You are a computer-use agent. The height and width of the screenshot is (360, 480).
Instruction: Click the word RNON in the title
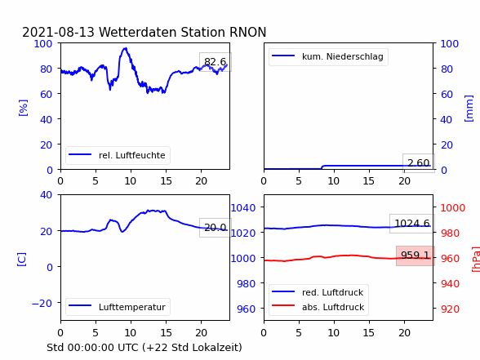point(248,32)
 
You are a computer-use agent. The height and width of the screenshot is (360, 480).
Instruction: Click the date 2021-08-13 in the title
point(58,32)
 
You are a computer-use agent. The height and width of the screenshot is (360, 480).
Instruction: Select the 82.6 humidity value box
point(216,62)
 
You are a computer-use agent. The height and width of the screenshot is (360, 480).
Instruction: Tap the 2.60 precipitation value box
point(419,163)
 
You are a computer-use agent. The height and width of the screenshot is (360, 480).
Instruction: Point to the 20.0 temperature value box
point(216,228)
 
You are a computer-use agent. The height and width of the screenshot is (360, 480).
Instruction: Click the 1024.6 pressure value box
point(412,224)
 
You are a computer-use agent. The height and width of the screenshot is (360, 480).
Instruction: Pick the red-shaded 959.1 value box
point(416,256)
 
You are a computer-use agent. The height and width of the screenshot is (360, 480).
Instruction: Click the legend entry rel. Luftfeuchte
point(118,155)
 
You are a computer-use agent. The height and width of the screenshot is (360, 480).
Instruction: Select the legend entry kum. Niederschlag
point(328,56)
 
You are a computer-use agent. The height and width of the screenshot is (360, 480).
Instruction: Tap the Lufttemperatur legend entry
point(118,307)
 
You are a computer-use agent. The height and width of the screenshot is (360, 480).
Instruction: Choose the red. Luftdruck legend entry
point(318,292)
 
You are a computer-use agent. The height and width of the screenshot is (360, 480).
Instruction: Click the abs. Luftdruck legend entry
point(318,307)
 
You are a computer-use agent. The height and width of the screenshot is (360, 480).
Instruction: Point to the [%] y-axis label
point(23,108)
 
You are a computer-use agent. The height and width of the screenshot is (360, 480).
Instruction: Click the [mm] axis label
point(469,109)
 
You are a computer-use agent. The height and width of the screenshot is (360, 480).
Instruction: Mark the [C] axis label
point(21,260)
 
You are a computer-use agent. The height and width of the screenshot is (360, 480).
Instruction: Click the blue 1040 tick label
point(243,208)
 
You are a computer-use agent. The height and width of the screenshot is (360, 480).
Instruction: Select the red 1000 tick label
point(453,208)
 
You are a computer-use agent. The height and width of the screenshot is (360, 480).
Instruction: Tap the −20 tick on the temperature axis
point(42,304)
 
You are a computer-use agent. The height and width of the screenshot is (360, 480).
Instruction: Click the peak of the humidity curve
point(125,48)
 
